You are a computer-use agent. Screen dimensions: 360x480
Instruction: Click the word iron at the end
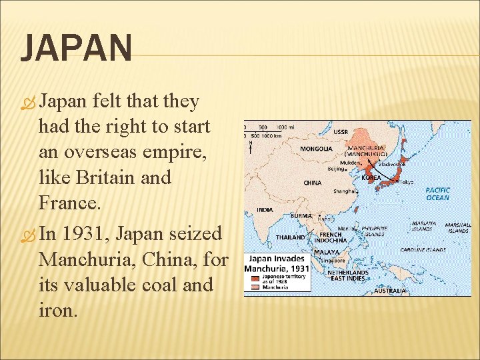58,310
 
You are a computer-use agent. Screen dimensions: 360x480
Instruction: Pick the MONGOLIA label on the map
316,149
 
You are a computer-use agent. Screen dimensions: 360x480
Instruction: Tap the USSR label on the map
340,131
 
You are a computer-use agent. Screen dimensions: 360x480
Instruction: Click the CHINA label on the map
312,183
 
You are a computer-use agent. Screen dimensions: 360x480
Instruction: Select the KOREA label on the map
371,178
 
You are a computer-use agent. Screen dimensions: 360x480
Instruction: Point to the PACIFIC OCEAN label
437,193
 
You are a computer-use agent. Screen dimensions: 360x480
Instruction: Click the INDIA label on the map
265,210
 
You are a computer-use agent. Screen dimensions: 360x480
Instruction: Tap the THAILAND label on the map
291,237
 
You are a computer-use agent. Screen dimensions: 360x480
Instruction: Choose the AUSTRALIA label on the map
389,291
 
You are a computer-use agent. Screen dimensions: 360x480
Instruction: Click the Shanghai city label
345,191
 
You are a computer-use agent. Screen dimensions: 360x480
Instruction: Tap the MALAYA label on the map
327,253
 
